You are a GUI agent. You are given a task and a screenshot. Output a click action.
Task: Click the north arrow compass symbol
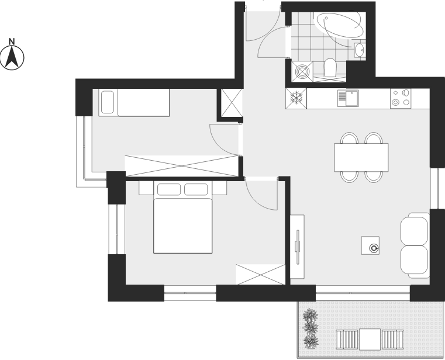(12, 58)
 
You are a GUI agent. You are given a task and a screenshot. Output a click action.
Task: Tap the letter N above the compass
(12, 41)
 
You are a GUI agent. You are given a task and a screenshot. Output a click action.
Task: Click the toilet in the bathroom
(330, 68)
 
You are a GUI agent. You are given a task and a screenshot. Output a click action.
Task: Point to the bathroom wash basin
(360, 50)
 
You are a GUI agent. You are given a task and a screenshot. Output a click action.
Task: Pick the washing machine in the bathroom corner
(302, 71)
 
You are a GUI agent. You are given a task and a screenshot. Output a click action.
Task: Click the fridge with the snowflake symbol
(296, 98)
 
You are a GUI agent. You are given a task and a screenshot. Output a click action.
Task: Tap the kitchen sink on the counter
(348, 98)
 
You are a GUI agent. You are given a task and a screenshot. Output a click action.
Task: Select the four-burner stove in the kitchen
(401, 98)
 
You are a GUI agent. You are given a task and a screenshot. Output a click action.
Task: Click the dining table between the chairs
(361, 157)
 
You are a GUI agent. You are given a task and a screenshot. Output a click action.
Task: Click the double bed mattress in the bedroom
(183, 226)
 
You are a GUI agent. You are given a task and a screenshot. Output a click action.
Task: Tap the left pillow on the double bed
(169, 189)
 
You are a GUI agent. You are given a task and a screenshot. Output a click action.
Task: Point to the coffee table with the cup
(370, 245)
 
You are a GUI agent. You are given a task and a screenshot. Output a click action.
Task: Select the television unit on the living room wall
(297, 247)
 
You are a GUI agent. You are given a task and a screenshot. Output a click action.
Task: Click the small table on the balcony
(370, 340)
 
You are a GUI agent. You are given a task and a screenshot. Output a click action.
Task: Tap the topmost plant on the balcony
(310, 316)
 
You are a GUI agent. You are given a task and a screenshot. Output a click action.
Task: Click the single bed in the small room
(134, 102)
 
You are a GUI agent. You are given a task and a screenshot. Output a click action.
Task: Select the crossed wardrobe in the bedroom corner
(261, 274)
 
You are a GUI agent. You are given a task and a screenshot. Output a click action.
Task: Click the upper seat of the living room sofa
(415, 229)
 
